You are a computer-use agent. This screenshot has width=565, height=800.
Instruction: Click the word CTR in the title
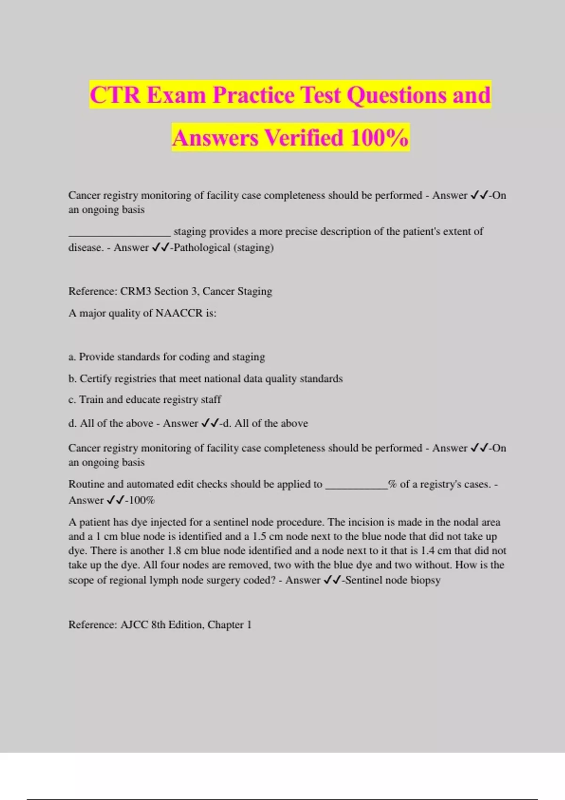[115, 95]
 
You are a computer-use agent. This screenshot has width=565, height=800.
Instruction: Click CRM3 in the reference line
[136, 291]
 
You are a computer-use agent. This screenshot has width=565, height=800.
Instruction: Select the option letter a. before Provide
[72, 357]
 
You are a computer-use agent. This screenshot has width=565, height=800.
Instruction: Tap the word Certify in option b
[96, 378]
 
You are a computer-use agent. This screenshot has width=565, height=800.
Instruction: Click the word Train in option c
[91, 400]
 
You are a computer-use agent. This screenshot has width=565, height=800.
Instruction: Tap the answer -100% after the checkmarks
[140, 500]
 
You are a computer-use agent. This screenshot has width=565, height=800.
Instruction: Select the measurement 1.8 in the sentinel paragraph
[175, 551]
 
